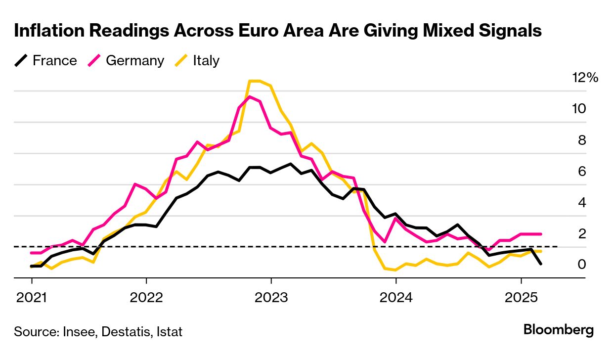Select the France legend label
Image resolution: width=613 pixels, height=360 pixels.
54,61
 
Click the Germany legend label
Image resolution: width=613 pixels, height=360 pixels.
135,61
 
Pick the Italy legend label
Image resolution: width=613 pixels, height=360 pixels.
206,61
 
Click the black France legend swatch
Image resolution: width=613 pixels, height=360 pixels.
21,61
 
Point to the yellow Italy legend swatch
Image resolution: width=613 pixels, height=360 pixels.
182,61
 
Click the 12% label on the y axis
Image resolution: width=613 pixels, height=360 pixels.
585,78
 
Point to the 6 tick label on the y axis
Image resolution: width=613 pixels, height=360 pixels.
582,171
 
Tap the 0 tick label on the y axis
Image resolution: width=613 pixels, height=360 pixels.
582,265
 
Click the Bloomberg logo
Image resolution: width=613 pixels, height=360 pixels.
559,330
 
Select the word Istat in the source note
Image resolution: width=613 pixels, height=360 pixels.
168,331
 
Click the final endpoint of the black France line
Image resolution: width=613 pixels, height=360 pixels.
541,264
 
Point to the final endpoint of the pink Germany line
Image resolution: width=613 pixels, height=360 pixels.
541,234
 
